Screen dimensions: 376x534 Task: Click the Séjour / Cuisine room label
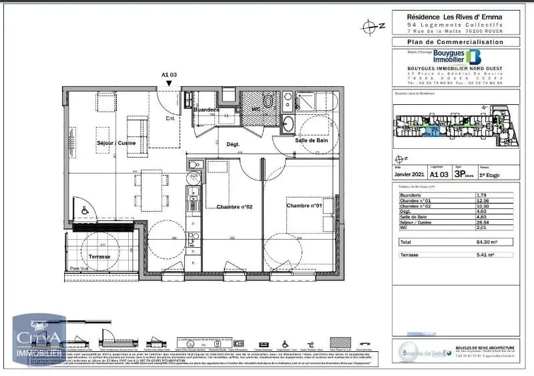(99, 143)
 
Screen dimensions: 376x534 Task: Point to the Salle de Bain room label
(312, 140)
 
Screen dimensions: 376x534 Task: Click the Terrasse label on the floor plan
(91, 256)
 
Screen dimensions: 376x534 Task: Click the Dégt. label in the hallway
(233, 144)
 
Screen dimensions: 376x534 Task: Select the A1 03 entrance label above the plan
(170, 75)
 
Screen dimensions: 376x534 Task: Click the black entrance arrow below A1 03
(170, 84)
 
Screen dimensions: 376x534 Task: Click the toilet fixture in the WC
(268, 102)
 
